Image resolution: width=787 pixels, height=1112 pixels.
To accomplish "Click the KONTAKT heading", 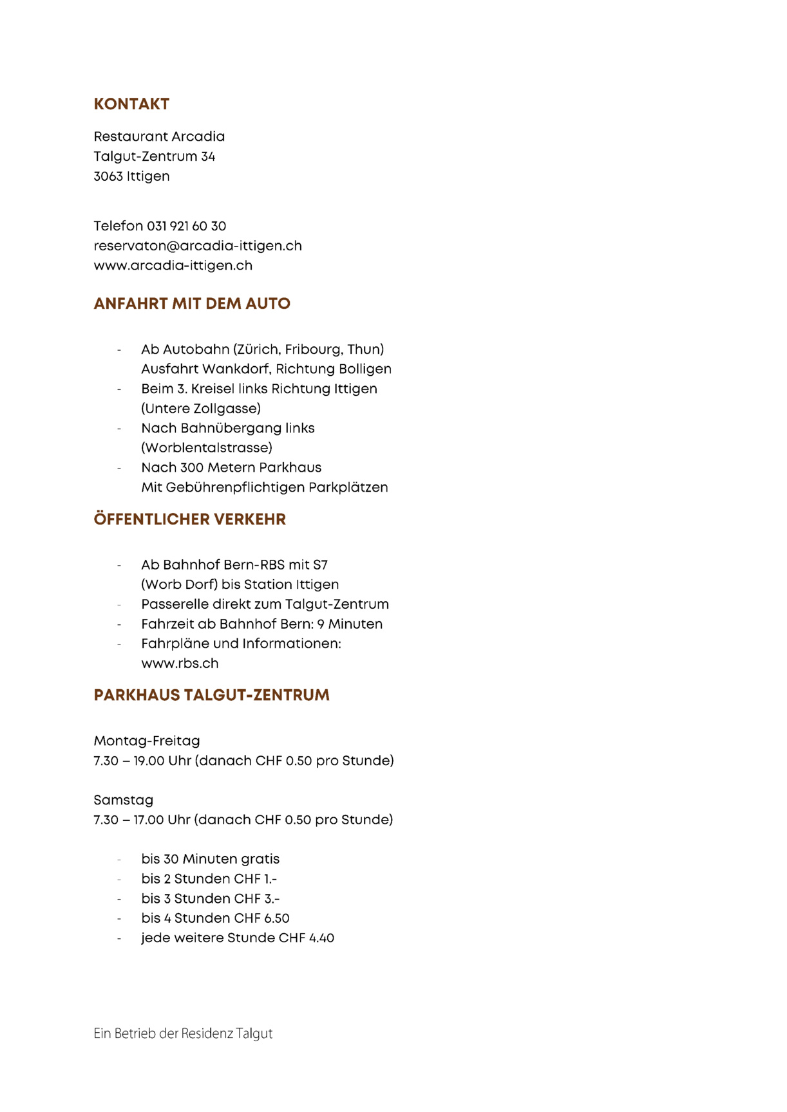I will coord(131,104).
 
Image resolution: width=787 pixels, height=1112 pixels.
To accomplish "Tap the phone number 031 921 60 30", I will coord(186,226).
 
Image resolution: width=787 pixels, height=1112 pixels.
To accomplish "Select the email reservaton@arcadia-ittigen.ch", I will coord(198,246).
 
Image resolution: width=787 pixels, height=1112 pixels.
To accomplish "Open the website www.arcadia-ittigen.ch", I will coord(173,266).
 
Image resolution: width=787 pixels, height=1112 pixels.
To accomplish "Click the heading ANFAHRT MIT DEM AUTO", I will coord(192,304).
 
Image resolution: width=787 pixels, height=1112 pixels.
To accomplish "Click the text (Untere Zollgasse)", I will coord(201,409).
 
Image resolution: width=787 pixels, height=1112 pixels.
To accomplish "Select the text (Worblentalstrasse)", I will coord(207,448).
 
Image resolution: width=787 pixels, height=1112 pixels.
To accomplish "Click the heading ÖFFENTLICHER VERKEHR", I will coord(189,519).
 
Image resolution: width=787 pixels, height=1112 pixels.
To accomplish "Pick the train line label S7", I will coord(320,565).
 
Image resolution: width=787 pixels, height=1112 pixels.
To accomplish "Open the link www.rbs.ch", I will coord(180,663).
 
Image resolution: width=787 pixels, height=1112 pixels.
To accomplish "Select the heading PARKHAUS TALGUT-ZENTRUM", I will coord(211,695).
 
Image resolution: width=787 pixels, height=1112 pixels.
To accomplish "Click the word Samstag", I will coord(124,800).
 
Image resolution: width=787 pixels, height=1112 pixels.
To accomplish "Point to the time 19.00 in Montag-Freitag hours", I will coord(149,761).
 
